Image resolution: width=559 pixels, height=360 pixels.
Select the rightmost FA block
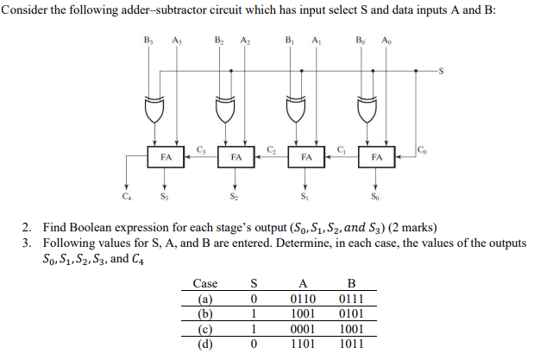pos(375,158)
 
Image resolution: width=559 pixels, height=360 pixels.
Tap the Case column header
pos(205,284)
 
